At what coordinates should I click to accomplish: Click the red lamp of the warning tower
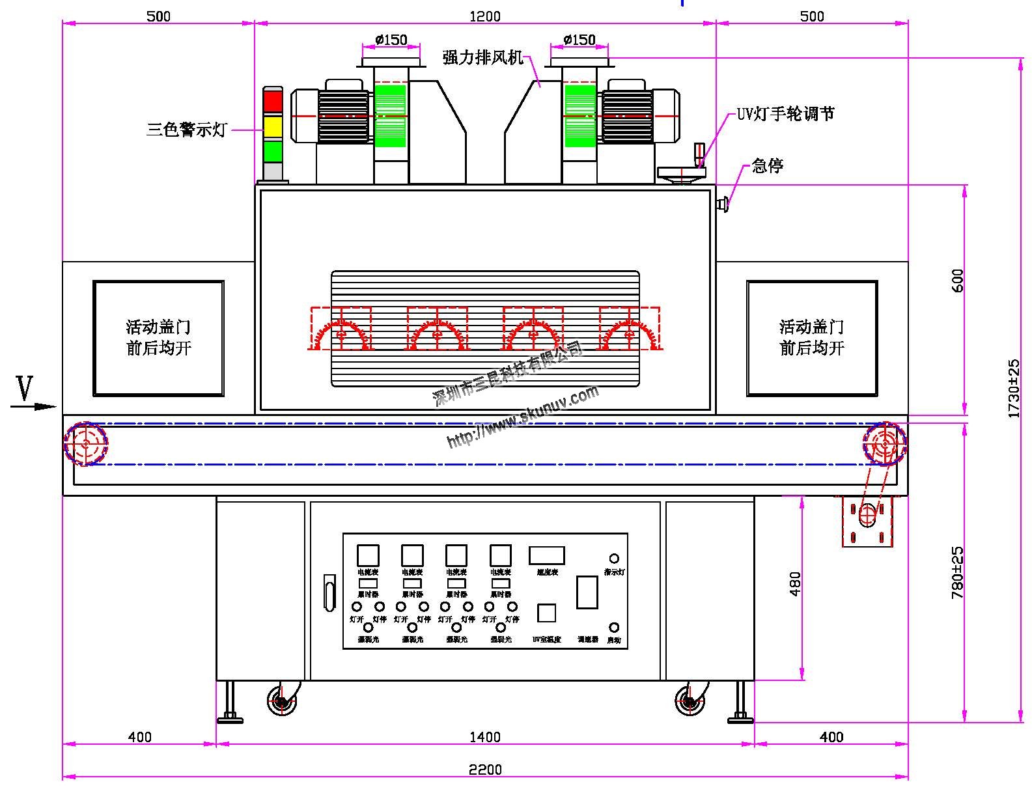pos(273,102)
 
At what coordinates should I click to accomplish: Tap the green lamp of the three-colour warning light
pos(273,151)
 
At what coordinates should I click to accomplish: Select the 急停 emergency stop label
pos(767,165)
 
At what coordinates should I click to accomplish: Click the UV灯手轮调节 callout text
pos(785,114)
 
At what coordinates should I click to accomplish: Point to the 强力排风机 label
pos(483,58)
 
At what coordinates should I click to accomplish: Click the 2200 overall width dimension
pos(485,770)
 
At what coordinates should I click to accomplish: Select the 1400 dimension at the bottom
pos(485,737)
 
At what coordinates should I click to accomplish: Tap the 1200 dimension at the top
pos(485,16)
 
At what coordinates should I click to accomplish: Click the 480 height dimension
pos(795,584)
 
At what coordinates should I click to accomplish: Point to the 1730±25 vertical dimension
pos(1014,388)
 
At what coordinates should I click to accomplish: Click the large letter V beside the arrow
pos(24,389)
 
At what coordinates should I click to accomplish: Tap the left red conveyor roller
pos(85,444)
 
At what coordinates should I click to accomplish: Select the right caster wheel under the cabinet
pos(689,702)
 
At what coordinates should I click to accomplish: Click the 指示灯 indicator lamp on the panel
pos(613,559)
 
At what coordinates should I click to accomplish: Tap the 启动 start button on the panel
pos(613,628)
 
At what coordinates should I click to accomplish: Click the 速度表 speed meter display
pos(546,555)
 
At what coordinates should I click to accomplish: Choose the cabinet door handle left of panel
pos(329,592)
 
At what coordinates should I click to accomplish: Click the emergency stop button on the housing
pos(722,205)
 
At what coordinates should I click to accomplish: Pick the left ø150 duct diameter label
pos(391,40)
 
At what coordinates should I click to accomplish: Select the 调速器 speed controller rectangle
pos(587,592)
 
